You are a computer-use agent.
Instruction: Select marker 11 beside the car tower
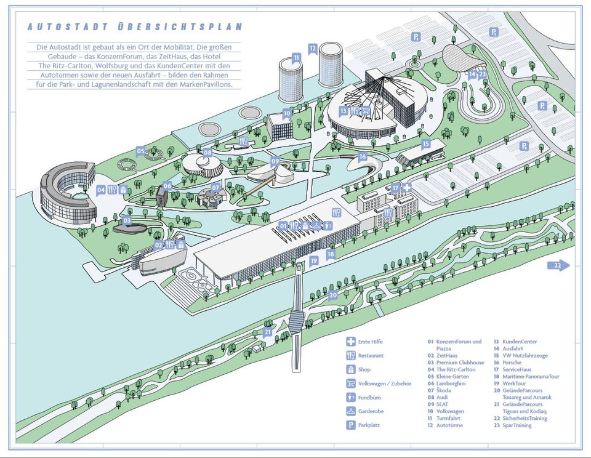pyautogui.click(x=296, y=58)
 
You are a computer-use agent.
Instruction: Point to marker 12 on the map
pyautogui.click(x=313, y=47)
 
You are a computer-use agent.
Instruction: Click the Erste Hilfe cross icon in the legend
pyautogui.click(x=350, y=342)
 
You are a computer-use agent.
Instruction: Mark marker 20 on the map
pyautogui.click(x=333, y=295)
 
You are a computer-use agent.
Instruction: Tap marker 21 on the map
pyautogui.click(x=268, y=332)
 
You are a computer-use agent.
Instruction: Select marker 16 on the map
pyautogui.click(x=363, y=156)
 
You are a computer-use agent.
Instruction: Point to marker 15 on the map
pyautogui.click(x=425, y=144)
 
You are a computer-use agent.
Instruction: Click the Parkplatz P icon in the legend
pyautogui.click(x=350, y=425)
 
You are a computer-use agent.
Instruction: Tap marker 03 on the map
pyautogui.click(x=127, y=220)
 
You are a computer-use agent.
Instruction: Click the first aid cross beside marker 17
pyautogui.click(x=406, y=187)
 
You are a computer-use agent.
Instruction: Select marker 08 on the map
pyautogui.click(x=207, y=152)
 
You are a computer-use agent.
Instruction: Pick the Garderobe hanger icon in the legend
pyautogui.click(x=350, y=411)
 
